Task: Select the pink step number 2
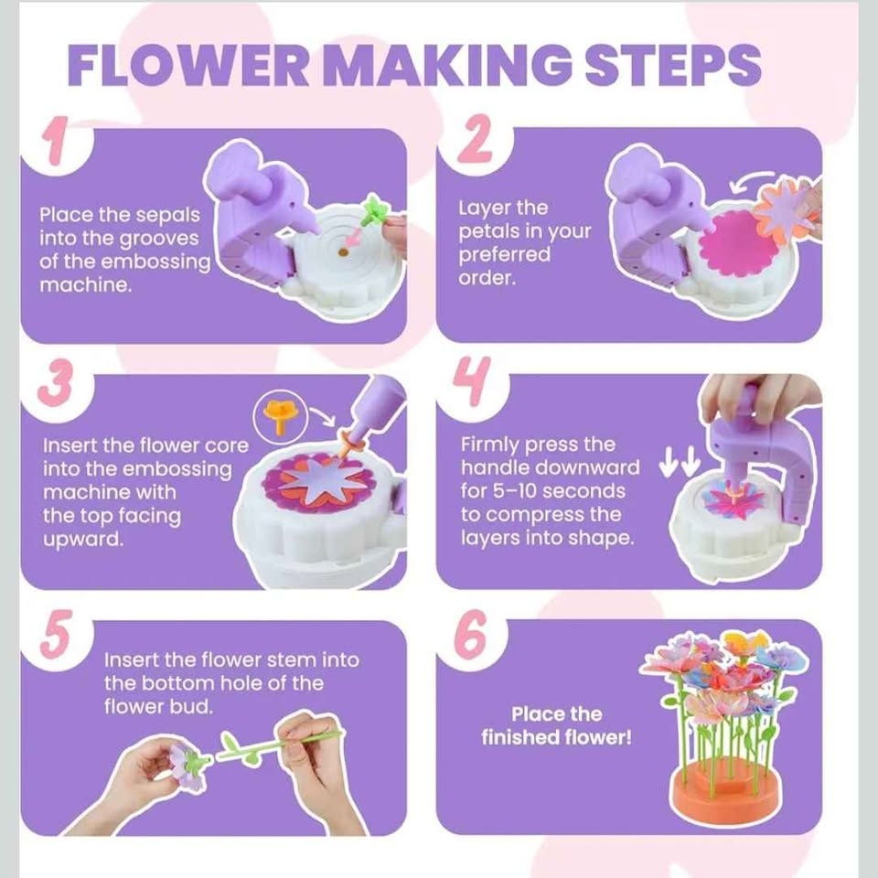pos(475,138)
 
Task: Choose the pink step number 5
pos(56,634)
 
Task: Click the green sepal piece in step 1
pos(373,210)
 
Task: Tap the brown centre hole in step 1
pos(343,252)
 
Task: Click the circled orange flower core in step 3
pos(280,414)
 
